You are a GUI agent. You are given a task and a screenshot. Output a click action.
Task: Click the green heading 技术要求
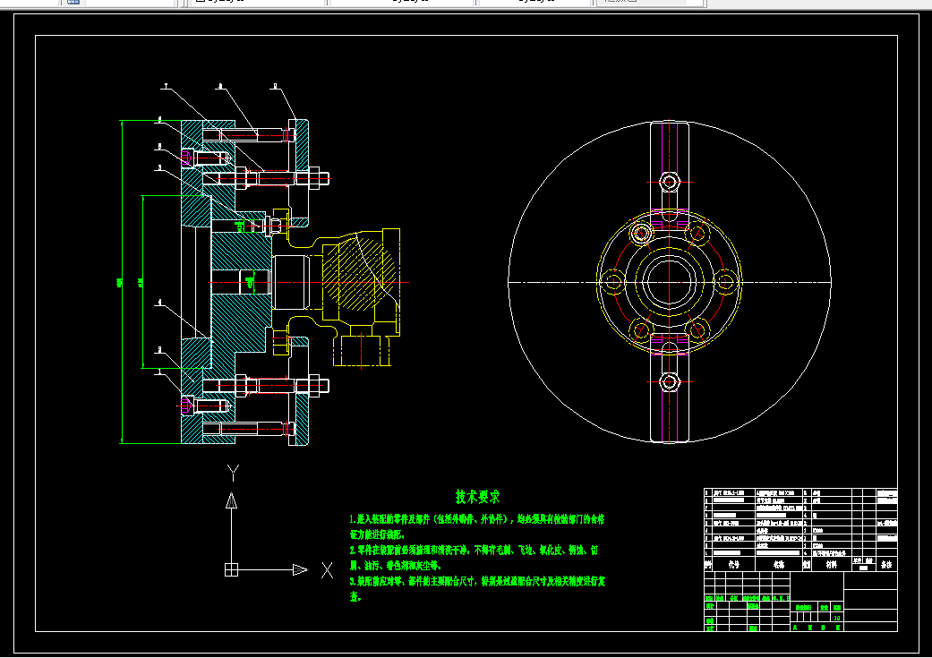pos(477,496)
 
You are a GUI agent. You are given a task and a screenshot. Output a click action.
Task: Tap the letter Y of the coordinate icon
pos(232,472)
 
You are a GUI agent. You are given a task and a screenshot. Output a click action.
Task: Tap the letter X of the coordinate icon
pos(327,569)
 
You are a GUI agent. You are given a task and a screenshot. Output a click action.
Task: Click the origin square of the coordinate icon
pos(231,569)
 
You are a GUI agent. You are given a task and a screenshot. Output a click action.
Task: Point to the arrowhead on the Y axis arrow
pos(231,501)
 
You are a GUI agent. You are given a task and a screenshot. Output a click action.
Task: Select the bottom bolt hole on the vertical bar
pos(668,382)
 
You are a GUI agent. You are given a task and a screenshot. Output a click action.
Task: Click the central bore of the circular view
pos(668,282)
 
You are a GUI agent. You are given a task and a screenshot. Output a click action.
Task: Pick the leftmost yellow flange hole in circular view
pos(612,283)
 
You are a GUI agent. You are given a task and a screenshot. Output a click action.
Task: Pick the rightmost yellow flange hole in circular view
pos(723,283)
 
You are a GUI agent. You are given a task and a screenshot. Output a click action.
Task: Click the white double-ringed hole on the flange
pos(640,234)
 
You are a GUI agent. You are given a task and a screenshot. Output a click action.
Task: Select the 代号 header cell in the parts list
pos(734,565)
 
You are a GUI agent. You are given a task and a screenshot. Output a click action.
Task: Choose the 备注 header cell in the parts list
pos(885,565)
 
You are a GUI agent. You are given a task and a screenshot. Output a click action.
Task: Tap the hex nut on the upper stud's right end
pos(317,178)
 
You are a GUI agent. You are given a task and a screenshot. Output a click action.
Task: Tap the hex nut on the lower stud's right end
pos(317,387)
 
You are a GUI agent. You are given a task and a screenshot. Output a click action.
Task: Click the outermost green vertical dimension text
pos(120,284)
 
